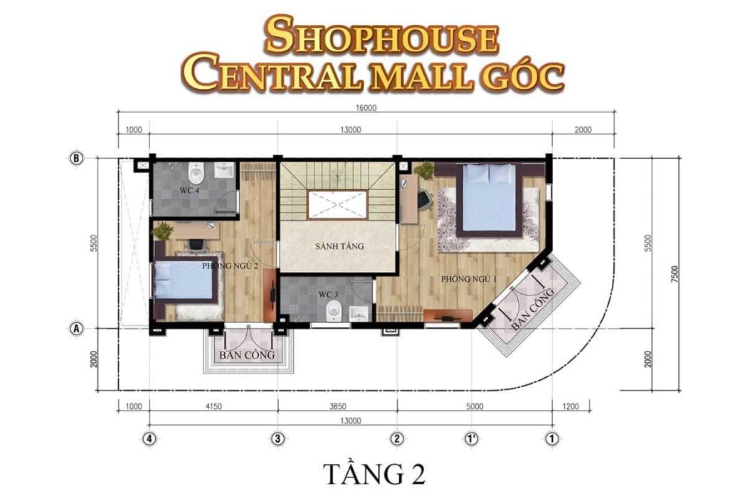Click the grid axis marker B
pos(76,158)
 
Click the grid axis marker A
pos(76,328)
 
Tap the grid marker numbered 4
pos(149,438)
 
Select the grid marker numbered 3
pos(277,438)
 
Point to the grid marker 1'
pos(471,438)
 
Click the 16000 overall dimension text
pos(366,107)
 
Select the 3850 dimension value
pos(338,406)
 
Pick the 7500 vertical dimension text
pos(674,275)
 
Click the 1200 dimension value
pos(571,406)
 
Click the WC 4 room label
pos(189,190)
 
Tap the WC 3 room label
pos(328,295)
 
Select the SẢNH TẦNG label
pos(339,246)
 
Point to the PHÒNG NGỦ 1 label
pos(468,279)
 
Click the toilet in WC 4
pos(196,172)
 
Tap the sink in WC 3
pos(359,313)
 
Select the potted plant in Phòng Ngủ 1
pos(425,169)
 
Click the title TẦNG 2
pos(374,473)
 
